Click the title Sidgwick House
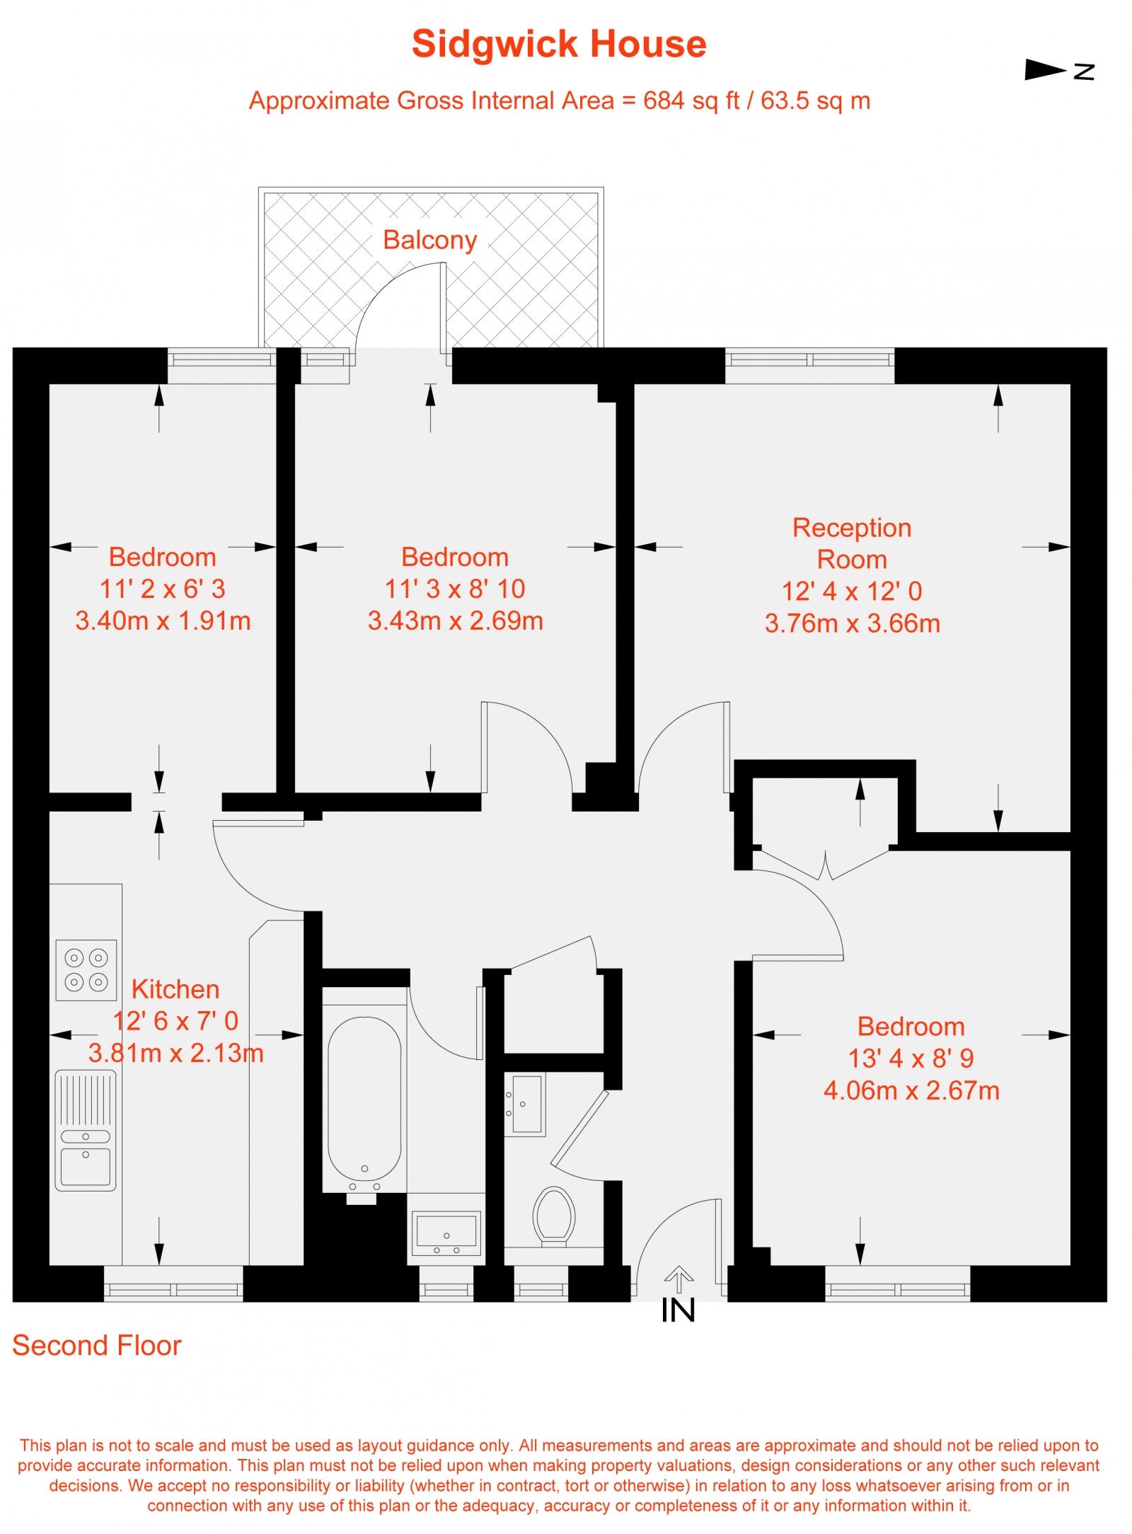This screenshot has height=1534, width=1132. coord(559,44)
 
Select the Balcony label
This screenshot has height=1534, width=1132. coord(430,240)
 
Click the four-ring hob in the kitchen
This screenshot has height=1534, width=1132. coord(86,969)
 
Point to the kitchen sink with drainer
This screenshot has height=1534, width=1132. coord(86,1130)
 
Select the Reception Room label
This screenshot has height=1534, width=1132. coord(852,543)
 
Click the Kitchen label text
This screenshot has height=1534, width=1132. coord(175,988)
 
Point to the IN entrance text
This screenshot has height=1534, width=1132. coord(678,1310)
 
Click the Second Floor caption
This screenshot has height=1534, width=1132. coord(97,1345)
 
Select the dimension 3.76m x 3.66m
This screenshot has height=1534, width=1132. coord(853,623)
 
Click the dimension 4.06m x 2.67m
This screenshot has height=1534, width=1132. coord(911,1090)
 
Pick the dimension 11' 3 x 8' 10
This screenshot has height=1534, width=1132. coord(455,589)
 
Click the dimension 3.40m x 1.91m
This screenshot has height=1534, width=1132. coord(163,621)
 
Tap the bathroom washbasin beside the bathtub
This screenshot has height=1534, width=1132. coord(446,1232)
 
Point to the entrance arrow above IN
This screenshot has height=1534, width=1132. coord(678,1279)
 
